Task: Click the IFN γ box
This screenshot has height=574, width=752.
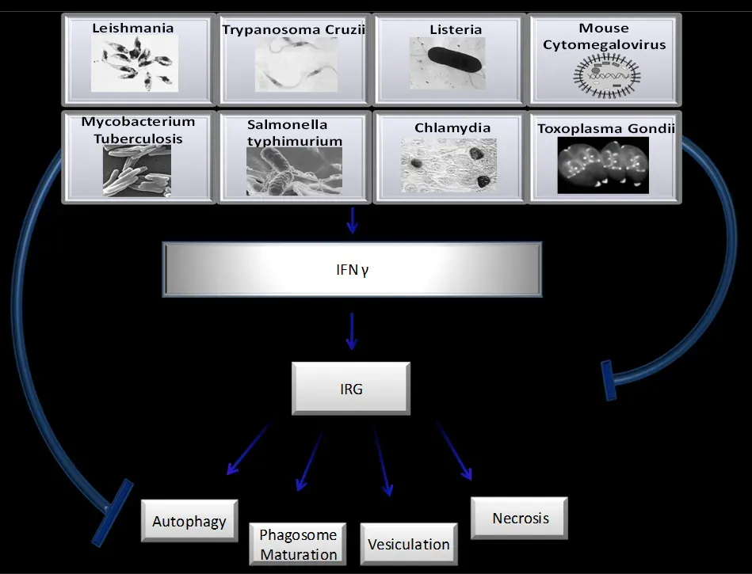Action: [x=352, y=269]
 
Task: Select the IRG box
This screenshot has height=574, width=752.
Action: [x=351, y=389]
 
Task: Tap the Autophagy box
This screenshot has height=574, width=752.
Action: [x=189, y=521]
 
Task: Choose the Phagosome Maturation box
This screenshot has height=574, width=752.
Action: [x=299, y=543]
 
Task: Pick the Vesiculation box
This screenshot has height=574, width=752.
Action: [x=408, y=543]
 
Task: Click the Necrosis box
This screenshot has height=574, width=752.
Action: [x=520, y=519]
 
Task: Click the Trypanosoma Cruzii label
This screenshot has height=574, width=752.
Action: [x=294, y=31]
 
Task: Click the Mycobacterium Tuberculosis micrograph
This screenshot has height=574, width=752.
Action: [x=137, y=169]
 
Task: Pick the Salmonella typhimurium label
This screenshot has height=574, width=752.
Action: [x=294, y=133]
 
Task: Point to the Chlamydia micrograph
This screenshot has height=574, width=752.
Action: [x=449, y=165]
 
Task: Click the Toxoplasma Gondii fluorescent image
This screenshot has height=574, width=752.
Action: [x=603, y=165]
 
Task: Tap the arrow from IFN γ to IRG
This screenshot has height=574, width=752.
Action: [x=352, y=333]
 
